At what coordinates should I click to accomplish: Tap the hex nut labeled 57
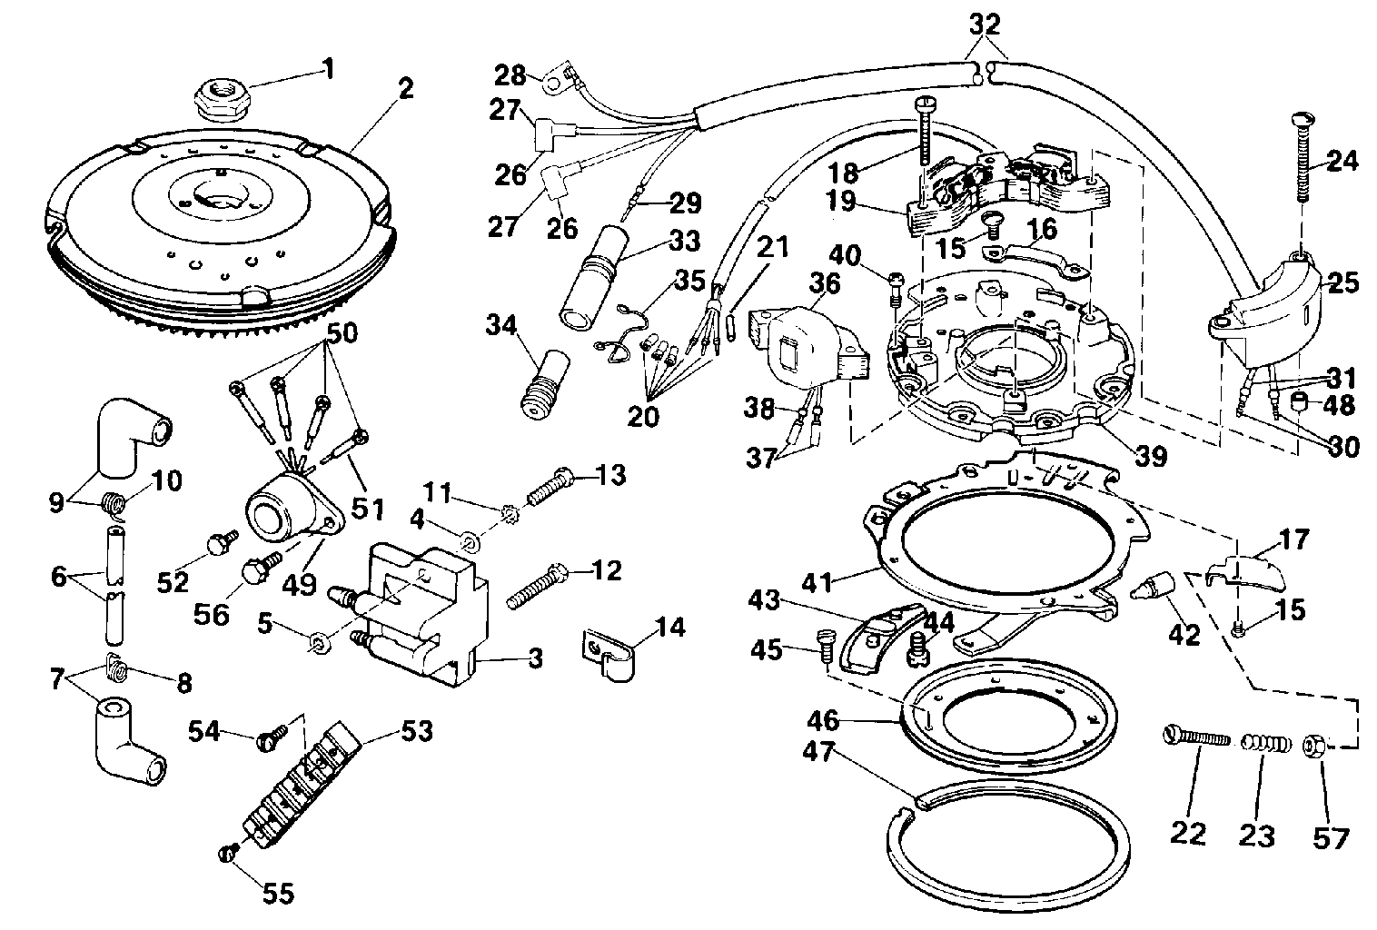(x=1317, y=747)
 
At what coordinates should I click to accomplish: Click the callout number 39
(x=1151, y=456)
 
